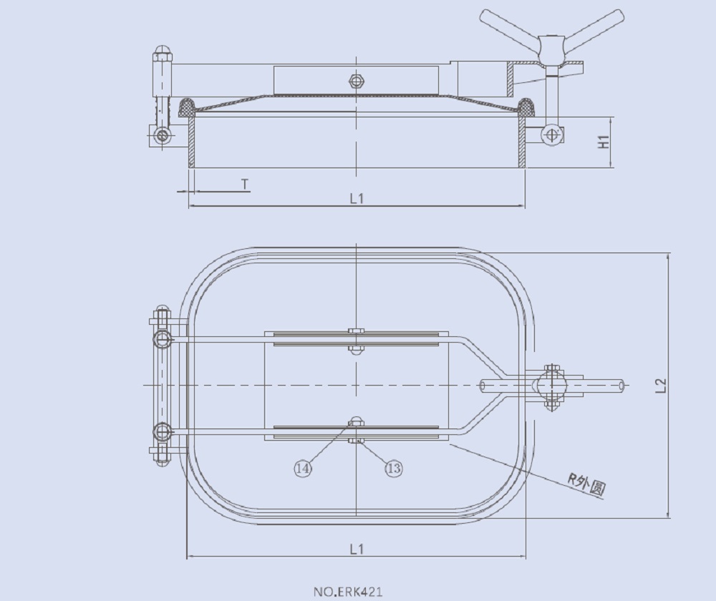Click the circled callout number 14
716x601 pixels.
click(x=304, y=469)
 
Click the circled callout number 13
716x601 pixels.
click(x=393, y=469)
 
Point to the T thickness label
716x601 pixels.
click(x=245, y=185)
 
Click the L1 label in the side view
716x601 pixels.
click(x=357, y=198)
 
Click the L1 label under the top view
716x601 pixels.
click(x=357, y=549)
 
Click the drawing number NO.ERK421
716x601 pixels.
click(x=348, y=592)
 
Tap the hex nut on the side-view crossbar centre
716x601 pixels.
click(x=356, y=80)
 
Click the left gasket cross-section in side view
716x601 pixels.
click(x=187, y=108)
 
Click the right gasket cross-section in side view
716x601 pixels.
click(x=526, y=108)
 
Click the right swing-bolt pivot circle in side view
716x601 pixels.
click(x=551, y=135)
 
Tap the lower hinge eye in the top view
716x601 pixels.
click(x=163, y=431)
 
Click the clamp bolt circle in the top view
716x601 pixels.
click(x=551, y=386)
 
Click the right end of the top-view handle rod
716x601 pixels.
click(x=621, y=386)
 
